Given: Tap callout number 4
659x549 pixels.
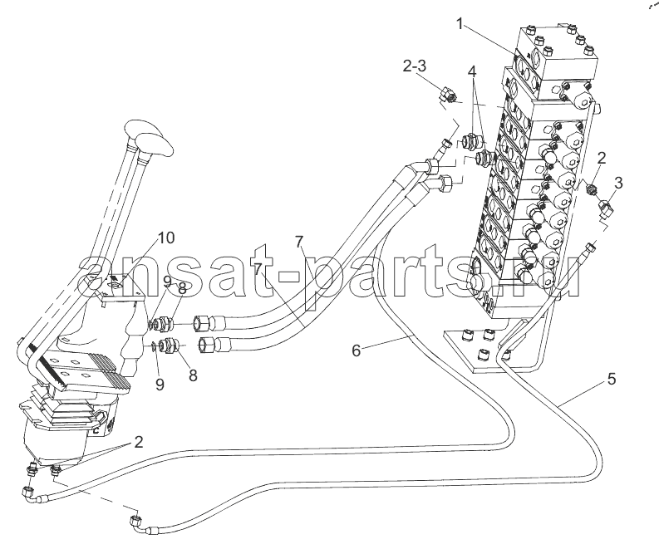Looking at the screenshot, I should click(x=472, y=72).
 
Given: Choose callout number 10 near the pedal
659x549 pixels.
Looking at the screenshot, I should click(x=165, y=238).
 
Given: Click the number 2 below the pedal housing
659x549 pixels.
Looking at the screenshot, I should click(x=138, y=442).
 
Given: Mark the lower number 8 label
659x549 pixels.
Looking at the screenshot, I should click(x=193, y=375).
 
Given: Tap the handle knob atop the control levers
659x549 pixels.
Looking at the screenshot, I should click(x=148, y=135).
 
